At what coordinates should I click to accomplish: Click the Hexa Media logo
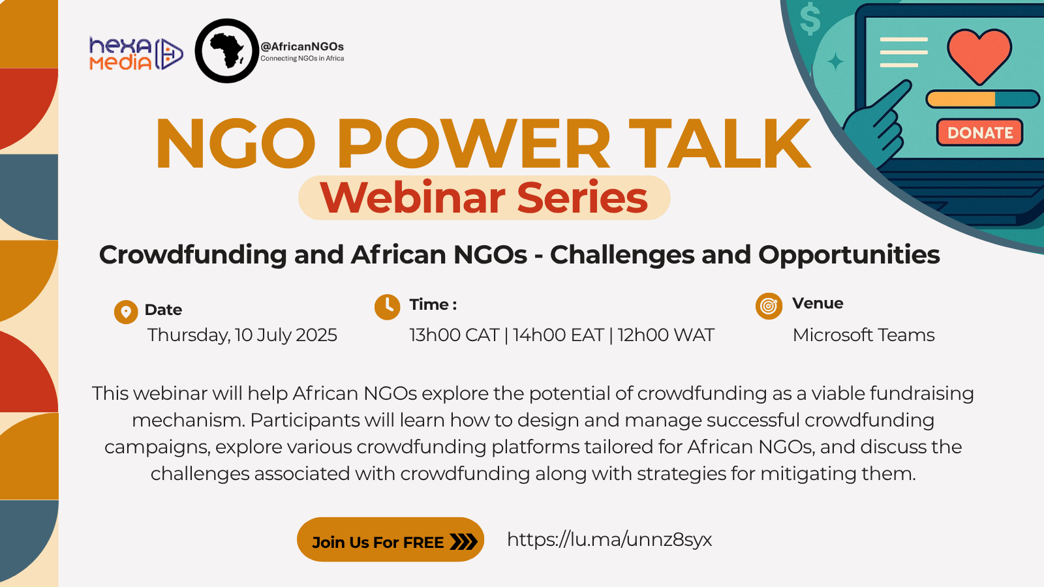pyautogui.click(x=135, y=53)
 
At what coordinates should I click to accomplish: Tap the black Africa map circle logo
pyautogui.click(x=227, y=51)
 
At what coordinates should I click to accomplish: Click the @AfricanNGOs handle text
pyautogui.click(x=302, y=46)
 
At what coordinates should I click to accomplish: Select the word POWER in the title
pyautogui.click(x=473, y=144)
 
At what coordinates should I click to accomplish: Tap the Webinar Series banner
pyautogui.click(x=484, y=198)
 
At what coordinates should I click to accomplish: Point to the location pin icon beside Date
pyautogui.click(x=125, y=312)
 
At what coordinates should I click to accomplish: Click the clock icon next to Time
pyautogui.click(x=387, y=306)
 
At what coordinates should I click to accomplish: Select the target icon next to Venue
pyautogui.click(x=769, y=305)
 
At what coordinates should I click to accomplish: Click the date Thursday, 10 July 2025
pyautogui.click(x=242, y=335)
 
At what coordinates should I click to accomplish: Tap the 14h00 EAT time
pyautogui.click(x=558, y=335)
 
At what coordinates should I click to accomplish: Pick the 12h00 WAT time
pyautogui.click(x=666, y=335)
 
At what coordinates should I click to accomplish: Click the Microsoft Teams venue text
pyautogui.click(x=863, y=335)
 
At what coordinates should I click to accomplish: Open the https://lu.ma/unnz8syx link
pyautogui.click(x=609, y=539)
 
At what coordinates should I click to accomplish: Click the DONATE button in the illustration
pyautogui.click(x=979, y=132)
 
